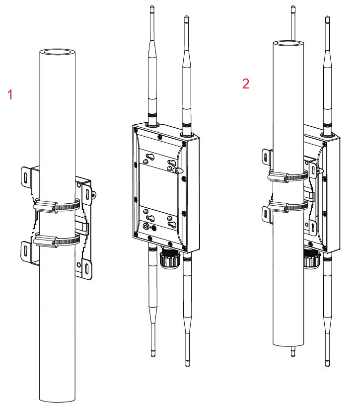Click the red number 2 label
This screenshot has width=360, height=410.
(245, 83)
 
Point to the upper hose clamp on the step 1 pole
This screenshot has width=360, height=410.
(56, 204)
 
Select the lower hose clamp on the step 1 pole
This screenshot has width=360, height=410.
(56, 241)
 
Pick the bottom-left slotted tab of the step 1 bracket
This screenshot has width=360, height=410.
(26, 249)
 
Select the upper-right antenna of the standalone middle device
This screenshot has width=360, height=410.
(186, 75)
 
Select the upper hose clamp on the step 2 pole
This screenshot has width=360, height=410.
(288, 175)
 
